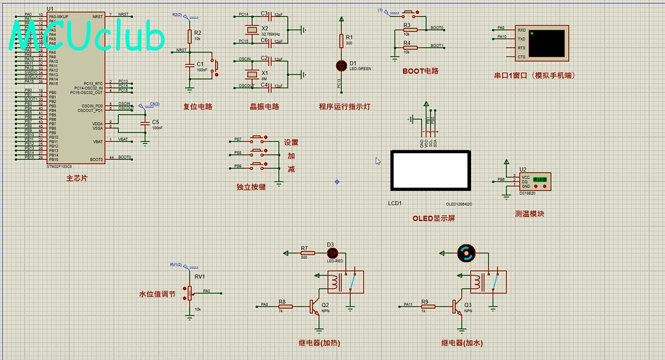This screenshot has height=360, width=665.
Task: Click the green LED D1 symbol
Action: (x=341, y=66)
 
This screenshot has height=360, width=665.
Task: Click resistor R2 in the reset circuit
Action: (x=189, y=36)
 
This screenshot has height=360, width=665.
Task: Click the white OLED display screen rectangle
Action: (x=429, y=170)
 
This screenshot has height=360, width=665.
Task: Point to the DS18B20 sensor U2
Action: (x=536, y=182)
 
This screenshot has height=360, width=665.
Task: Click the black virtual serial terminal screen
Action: (x=546, y=43)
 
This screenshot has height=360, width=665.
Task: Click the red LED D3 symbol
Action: (x=330, y=252)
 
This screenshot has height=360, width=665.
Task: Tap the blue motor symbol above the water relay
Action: (x=466, y=254)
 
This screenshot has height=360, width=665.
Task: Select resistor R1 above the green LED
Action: (x=341, y=41)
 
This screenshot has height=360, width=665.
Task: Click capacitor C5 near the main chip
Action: (x=144, y=123)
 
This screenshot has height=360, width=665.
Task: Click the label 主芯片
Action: (x=77, y=178)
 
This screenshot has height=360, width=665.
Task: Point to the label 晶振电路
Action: (x=264, y=107)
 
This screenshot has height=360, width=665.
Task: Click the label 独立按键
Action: (x=250, y=187)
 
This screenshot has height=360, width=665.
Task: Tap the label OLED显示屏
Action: (x=433, y=219)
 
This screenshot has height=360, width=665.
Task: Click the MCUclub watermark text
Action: (x=88, y=37)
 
